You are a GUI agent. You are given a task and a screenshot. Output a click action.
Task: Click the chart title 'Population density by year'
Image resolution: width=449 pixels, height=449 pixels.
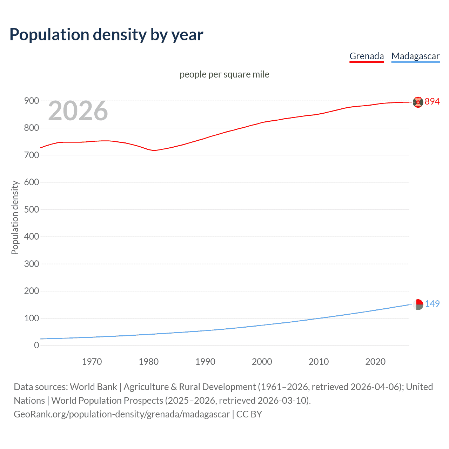point(106,35)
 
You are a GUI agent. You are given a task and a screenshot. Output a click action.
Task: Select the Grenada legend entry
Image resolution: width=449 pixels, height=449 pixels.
point(367,56)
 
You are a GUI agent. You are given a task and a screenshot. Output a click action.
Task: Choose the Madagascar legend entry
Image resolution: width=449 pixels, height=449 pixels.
point(415,56)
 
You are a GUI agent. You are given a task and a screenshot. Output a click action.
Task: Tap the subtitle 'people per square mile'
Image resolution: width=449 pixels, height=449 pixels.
point(224,74)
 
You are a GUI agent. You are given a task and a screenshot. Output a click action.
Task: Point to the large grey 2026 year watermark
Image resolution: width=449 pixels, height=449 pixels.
point(78,111)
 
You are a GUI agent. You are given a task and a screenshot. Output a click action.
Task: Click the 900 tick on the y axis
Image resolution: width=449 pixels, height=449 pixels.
point(32,101)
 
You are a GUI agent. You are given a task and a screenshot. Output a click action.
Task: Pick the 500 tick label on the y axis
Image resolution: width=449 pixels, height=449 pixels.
point(32,209)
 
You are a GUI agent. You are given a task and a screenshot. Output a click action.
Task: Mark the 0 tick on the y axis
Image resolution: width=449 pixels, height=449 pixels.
point(36,345)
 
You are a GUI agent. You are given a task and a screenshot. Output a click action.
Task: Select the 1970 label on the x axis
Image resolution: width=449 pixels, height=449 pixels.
point(92,362)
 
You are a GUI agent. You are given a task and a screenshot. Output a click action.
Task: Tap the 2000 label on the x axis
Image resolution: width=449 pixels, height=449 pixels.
point(262,362)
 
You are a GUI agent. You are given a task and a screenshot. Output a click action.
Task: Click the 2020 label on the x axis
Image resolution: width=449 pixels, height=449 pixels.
point(375,362)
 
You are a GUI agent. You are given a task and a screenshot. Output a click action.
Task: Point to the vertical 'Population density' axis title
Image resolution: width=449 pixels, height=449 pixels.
point(15,217)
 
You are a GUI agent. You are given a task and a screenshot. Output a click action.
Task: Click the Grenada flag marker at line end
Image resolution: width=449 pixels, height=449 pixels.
point(418,102)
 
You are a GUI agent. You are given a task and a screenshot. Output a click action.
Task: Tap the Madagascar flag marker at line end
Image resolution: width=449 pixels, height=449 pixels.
point(418,304)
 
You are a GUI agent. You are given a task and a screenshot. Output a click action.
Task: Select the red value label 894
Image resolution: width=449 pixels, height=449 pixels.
point(432,101)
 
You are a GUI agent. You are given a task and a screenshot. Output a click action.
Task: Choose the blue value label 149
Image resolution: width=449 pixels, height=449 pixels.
point(432,304)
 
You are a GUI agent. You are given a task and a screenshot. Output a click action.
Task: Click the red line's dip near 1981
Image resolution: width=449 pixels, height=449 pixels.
point(154,150)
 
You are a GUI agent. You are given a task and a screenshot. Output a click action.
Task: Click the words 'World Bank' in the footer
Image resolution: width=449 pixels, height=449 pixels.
point(93,387)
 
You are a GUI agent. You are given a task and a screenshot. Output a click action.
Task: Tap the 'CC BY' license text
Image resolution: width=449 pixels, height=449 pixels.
point(249,414)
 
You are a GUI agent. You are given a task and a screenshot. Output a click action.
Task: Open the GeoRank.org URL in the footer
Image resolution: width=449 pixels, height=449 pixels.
point(122,414)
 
